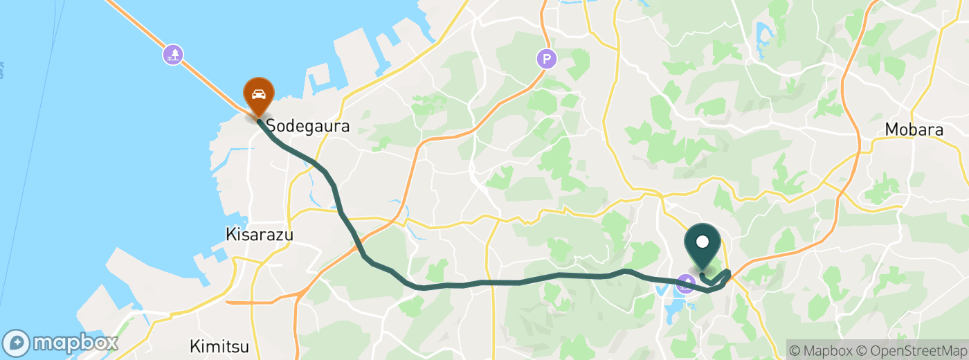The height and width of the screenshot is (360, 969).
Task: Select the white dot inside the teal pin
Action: [703, 242]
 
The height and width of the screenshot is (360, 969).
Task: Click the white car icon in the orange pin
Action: [259, 94]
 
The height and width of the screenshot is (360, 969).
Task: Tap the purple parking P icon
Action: [547, 59]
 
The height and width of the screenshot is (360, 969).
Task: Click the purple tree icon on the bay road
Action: [173, 54]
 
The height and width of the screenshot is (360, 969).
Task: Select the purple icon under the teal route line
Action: [685, 283]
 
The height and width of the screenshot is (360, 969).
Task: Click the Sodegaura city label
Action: [308, 126]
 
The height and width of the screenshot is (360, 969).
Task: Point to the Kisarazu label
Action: [260, 235]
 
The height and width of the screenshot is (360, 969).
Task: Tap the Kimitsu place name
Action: [219, 345]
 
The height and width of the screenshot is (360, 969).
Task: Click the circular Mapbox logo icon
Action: [17, 343]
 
